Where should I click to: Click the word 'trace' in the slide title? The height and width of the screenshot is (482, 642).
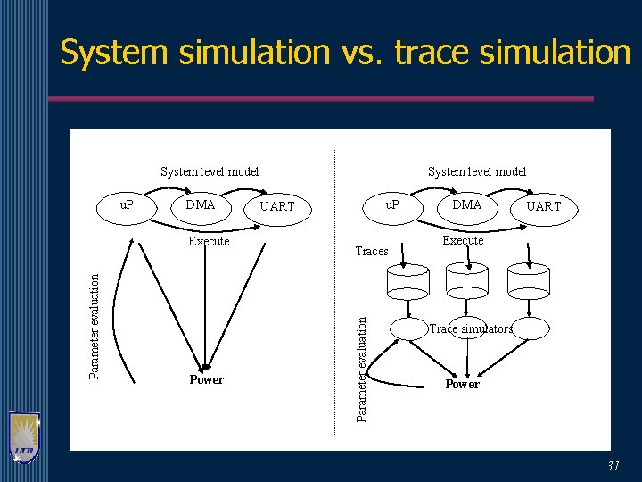(x=432, y=54)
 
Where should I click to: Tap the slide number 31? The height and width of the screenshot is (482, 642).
(x=613, y=466)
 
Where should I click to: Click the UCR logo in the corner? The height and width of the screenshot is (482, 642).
(x=24, y=437)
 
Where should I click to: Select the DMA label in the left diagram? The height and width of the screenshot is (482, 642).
(x=201, y=205)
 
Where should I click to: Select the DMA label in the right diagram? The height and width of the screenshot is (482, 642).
(x=466, y=205)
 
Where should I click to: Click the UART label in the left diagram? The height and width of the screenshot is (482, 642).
(x=276, y=207)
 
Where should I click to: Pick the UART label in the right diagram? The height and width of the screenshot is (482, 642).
(x=544, y=207)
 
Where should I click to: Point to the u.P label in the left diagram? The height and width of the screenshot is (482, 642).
(x=127, y=204)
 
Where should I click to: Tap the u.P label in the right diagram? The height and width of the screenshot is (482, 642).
(x=392, y=204)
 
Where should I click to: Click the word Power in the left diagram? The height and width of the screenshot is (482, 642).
(x=206, y=380)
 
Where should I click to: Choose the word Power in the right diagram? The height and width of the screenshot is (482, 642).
(x=462, y=385)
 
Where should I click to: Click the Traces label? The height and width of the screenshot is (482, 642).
(x=372, y=252)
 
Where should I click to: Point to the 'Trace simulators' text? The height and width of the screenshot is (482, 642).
(x=471, y=329)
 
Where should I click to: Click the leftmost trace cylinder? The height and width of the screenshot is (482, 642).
(x=408, y=282)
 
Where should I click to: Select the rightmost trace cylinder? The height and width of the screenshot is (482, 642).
(x=528, y=282)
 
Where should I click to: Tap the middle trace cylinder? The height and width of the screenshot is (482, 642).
(x=467, y=282)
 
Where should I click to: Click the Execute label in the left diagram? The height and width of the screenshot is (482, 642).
(x=209, y=242)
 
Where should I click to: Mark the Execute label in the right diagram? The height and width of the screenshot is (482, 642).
(x=464, y=241)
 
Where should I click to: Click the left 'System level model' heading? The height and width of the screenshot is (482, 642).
(x=210, y=171)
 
